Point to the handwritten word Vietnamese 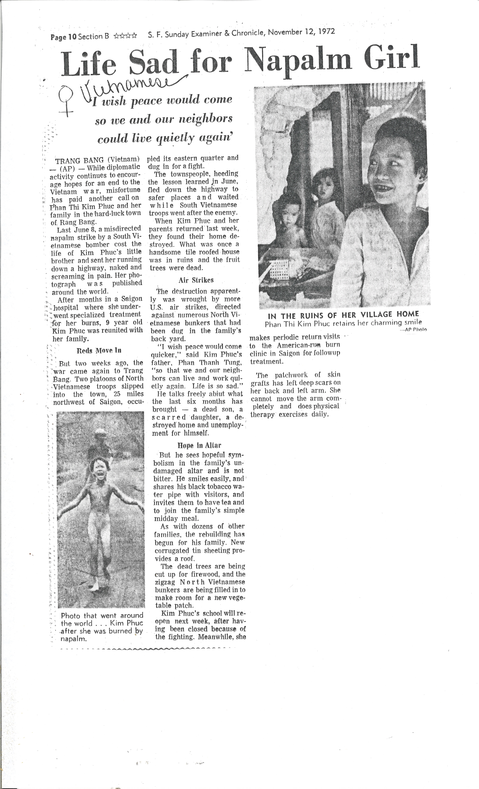click(x=128, y=86)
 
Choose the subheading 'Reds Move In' click(x=99, y=350)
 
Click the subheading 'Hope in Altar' click(x=199, y=445)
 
